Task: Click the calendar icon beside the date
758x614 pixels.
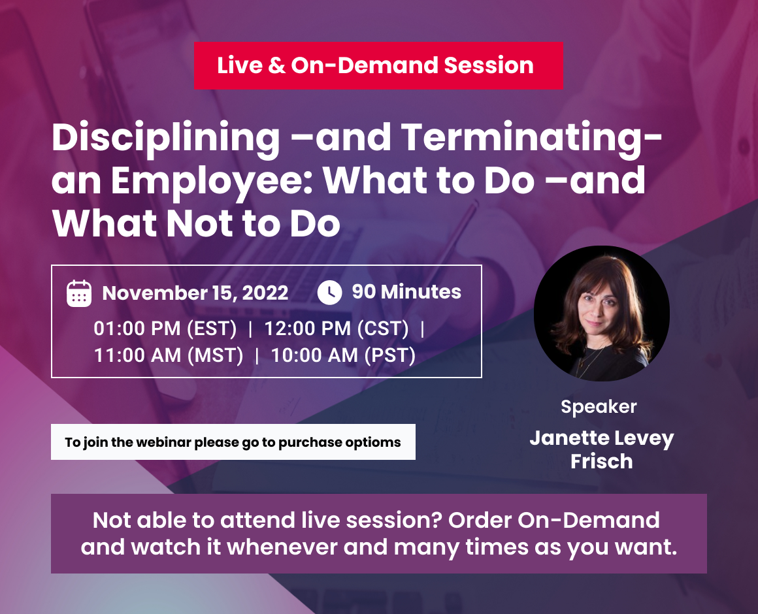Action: pos(79,293)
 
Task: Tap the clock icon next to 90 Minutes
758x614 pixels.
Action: pos(330,292)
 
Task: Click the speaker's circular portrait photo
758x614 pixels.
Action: pos(601,314)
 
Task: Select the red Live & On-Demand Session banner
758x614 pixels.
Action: pos(378,65)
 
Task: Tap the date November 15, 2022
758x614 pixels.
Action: pos(195,293)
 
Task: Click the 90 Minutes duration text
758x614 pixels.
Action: pos(406,292)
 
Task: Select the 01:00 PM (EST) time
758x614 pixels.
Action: pos(165,329)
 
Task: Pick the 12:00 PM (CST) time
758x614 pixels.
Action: pos(337,329)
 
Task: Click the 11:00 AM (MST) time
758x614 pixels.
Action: pos(169,355)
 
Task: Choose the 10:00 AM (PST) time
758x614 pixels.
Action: pos(343,355)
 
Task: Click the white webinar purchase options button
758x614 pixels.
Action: pos(233,442)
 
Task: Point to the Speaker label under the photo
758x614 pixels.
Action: pos(599,407)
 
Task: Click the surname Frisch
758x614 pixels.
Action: pos(601,461)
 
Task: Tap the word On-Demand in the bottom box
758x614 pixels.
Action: pos(588,521)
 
